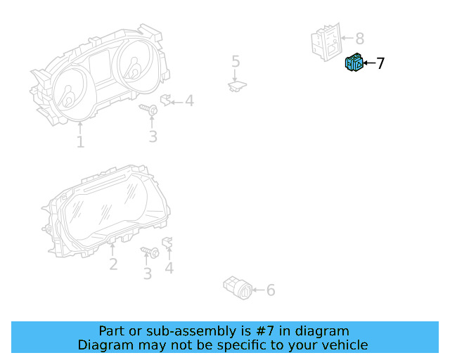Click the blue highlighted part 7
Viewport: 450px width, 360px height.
(x=354, y=64)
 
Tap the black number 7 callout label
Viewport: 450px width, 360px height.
(x=380, y=64)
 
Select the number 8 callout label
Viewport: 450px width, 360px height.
(x=359, y=39)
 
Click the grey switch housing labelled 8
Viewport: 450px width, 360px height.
(x=326, y=41)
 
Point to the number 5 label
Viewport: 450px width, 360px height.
(x=236, y=62)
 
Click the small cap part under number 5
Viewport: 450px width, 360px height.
(x=237, y=86)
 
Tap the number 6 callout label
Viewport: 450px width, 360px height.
(x=270, y=290)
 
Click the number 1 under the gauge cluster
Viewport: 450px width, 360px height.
(x=80, y=142)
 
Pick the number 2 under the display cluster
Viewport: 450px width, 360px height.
(x=112, y=264)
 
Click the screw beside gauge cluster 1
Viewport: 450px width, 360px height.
(x=150, y=109)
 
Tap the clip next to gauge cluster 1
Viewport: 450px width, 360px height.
(x=167, y=100)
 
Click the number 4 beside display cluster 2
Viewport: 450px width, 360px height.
(x=169, y=268)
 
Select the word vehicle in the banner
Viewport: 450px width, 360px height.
(x=342, y=345)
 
